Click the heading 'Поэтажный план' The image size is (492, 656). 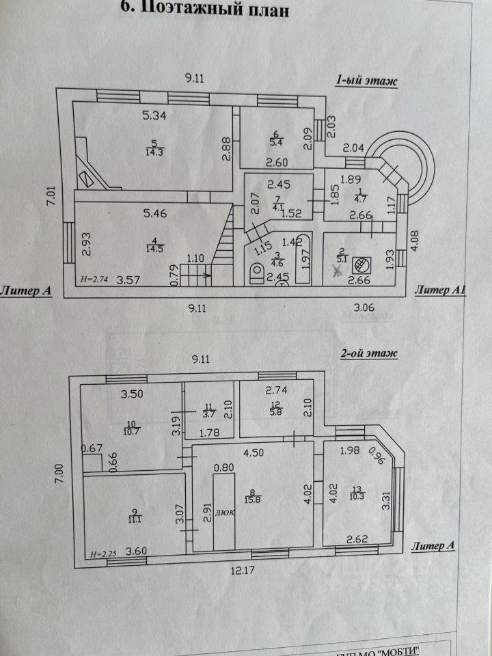(x=204, y=10)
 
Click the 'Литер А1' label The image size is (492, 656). (x=440, y=291)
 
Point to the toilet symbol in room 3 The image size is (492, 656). (x=256, y=275)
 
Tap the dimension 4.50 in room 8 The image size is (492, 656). (x=253, y=451)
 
